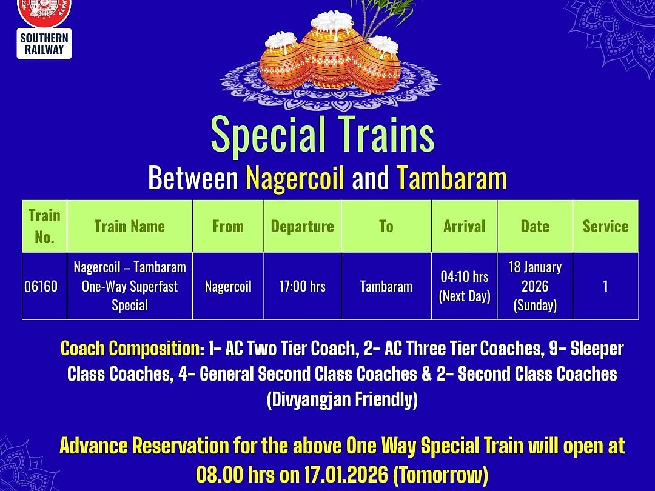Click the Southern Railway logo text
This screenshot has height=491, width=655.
pyautogui.click(x=44, y=44)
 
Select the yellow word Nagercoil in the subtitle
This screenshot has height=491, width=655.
pyautogui.click(x=295, y=178)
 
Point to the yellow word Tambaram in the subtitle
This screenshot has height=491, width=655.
pyautogui.click(x=451, y=178)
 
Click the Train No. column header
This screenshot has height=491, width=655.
pyautogui.click(x=44, y=226)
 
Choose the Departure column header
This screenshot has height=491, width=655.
pyautogui.click(x=302, y=226)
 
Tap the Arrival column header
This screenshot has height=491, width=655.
pyautogui.click(x=464, y=226)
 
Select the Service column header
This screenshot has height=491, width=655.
pyautogui.click(x=605, y=226)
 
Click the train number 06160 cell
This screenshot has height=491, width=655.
pyautogui.click(x=41, y=286)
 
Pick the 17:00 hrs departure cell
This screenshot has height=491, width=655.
pyautogui.click(x=302, y=286)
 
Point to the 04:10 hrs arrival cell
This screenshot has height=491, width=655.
pyautogui.click(x=464, y=286)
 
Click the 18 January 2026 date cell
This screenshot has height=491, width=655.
pyautogui.click(x=534, y=286)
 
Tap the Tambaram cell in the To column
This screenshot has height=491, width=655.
pyautogui.click(x=386, y=286)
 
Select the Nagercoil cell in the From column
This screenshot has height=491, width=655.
pyautogui.click(x=228, y=286)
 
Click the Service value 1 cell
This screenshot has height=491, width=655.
pyautogui.click(x=605, y=286)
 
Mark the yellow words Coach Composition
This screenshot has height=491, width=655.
pyautogui.click(x=132, y=349)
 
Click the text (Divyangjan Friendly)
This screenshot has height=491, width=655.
pyautogui.click(x=342, y=400)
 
